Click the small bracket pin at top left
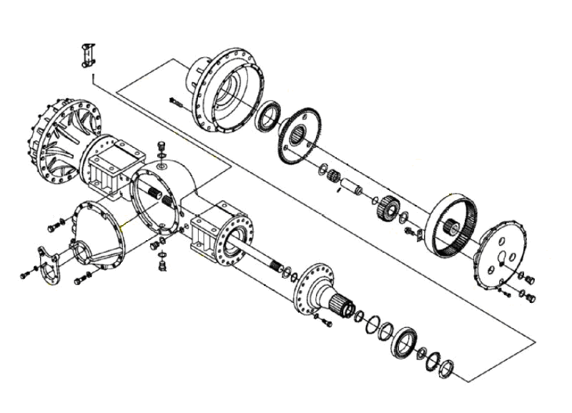click(89, 56)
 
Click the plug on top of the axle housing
click(160, 149)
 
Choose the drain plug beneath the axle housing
click(162, 267)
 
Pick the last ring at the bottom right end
click(446, 368)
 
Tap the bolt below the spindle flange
click(328, 324)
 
